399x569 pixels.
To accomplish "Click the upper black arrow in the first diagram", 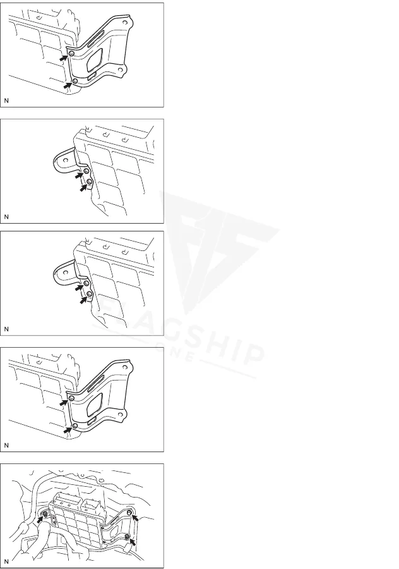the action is [x=64, y=58].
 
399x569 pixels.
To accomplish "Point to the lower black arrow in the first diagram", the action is [x=67, y=85].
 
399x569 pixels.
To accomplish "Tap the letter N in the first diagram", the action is [x=6, y=101].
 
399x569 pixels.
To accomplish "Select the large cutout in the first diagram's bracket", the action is [x=95, y=60].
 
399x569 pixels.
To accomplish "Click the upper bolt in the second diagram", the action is [x=86, y=171].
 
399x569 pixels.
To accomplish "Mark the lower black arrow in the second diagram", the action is [x=84, y=188].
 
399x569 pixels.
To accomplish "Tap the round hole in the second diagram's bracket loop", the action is [x=66, y=160].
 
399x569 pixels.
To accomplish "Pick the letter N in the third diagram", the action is [x=6, y=329].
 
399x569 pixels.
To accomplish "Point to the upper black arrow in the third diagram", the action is [x=80, y=288].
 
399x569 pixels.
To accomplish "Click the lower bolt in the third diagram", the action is [x=90, y=293].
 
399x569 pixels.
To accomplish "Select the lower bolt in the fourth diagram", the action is [x=74, y=425].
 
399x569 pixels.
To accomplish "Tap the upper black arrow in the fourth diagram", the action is [x=64, y=402].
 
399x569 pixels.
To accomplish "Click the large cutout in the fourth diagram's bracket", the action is [x=95, y=405].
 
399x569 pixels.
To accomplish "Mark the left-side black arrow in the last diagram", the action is [x=40, y=520].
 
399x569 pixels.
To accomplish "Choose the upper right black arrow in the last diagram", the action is [x=135, y=517].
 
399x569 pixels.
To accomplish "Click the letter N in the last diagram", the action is [x=6, y=561].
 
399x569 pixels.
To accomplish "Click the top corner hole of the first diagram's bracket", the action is [x=124, y=23].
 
